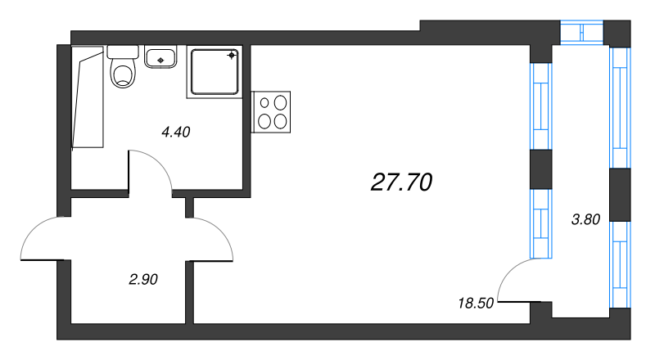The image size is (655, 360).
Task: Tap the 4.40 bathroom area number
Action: [x=176, y=132]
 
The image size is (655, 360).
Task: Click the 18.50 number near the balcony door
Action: [x=475, y=303]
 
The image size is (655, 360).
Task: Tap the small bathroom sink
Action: [x=161, y=57]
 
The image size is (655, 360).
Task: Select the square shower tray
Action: [x=215, y=71]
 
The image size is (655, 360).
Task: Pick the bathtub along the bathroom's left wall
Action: [x=88, y=97]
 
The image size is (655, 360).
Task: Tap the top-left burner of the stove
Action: [x=266, y=103]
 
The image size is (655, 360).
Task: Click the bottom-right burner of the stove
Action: [x=282, y=121]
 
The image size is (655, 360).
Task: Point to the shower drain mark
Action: [x=232, y=56]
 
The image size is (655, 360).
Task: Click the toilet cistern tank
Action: [x=123, y=51]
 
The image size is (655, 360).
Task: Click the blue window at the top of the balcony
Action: [x=581, y=32]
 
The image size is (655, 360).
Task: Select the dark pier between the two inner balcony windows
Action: [x=540, y=169]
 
